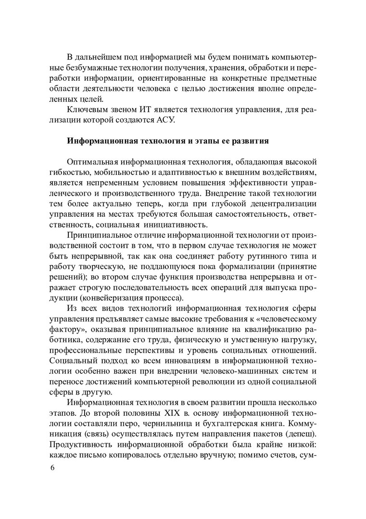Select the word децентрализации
pos(281,205)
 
